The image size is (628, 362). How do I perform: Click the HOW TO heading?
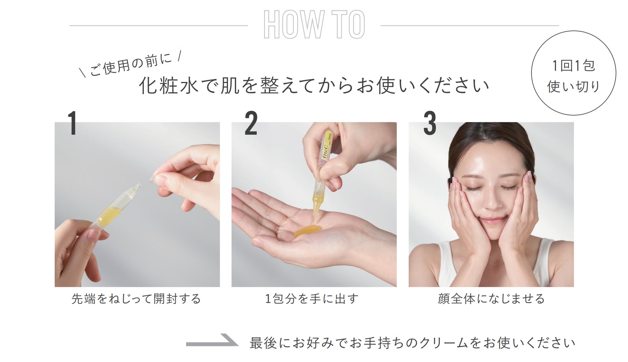(314, 24)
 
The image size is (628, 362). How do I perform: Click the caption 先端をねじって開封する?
(136, 299)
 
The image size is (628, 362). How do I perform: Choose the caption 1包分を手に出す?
(311, 299)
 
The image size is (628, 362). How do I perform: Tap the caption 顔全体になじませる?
(491, 299)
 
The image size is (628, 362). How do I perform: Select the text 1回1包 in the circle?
(574, 66)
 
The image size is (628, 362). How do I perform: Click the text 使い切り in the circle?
(574, 86)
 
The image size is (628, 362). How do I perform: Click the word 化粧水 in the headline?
(168, 86)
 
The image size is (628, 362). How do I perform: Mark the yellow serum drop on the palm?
(308, 231)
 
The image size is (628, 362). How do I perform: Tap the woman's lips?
(493, 221)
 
